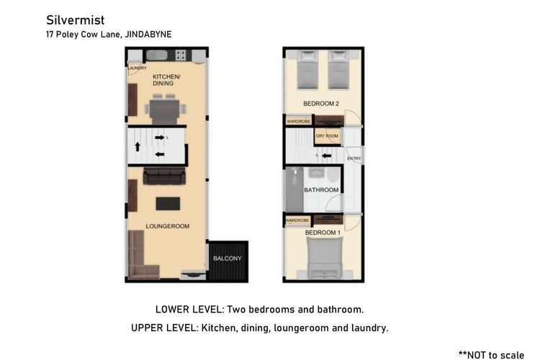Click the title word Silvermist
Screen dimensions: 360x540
[70, 19]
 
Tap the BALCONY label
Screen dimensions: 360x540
[228, 258]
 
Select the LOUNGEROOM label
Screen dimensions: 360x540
[167, 226]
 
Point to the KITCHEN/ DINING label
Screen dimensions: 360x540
[166, 79]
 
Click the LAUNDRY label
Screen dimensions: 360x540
[137, 68]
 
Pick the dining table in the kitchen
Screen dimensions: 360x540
[166, 109]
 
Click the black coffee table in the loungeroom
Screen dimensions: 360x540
[168, 204]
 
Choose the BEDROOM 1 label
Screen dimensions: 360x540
[321, 233]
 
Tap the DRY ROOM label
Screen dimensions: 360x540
[328, 136]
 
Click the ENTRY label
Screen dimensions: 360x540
[354, 158]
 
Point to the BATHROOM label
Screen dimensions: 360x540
[321, 190]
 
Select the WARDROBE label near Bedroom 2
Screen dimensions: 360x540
[298, 121]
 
